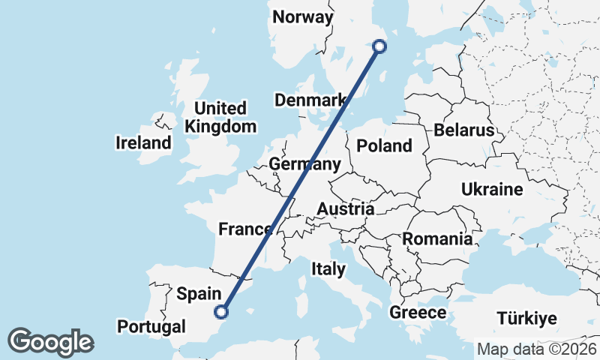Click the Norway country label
point(303,17)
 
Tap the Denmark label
point(310,100)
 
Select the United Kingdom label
point(220,118)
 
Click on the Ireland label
point(142,142)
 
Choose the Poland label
point(384,145)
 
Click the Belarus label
point(463,130)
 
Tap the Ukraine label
point(492,189)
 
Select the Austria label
point(346,209)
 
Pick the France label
point(244,229)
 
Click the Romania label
point(438,239)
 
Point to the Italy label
point(328,268)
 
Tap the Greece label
point(418,313)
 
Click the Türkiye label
point(530,319)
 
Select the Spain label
point(199,294)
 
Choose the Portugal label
point(151,327)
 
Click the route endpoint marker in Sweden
point(379,46)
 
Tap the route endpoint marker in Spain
point(221,311)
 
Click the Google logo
point(50,342)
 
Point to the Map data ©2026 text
point(536,349)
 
